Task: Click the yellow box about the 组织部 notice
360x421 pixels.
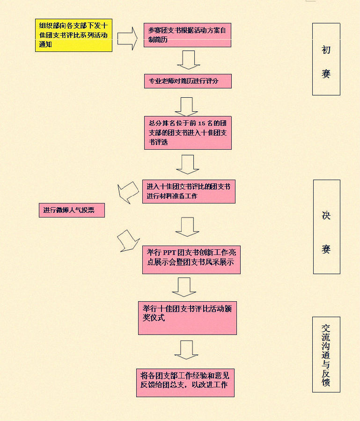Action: pos(73,36)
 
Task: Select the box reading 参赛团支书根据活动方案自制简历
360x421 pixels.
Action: pos(187,35)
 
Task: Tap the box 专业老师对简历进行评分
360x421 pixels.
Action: pos(187,81)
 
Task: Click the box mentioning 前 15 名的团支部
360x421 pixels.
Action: pos(188,133)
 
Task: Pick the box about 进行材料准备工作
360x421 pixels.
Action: pos(189,191)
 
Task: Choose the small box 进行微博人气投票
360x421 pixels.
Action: pos(71,210)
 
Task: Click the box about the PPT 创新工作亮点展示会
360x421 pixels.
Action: pos(191,258)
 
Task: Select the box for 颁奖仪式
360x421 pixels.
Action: pos(187,318)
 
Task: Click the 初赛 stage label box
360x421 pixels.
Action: pos(326,59)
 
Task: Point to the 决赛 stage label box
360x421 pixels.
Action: pos(326,226)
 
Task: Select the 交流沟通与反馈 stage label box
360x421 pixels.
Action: pos(326,354)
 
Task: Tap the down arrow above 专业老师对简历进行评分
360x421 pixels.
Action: pos(188,59)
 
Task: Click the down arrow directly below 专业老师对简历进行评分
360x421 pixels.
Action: pos(186,107)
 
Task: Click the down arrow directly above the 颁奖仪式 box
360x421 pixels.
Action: pos(184,287)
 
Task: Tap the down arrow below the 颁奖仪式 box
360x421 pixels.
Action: pos(186,349)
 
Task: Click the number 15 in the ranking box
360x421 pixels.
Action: pos(202,123)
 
